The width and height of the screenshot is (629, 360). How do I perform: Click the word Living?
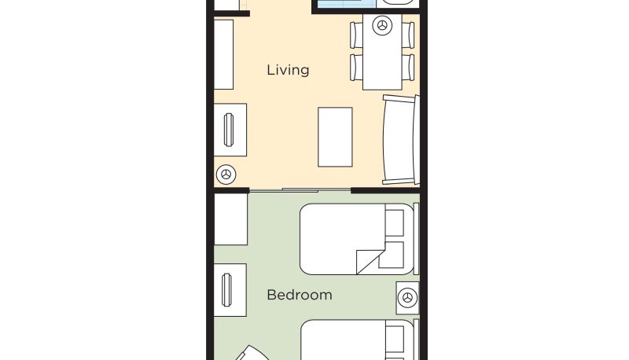coord(288,70)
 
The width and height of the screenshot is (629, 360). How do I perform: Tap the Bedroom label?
coord(300,295)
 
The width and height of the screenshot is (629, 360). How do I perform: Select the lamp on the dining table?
coord(382,26)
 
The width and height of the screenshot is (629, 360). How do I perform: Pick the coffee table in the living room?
coord(335,137)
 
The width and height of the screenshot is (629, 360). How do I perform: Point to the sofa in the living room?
coord(401,140)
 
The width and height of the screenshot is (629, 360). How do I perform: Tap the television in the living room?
coord(229,130)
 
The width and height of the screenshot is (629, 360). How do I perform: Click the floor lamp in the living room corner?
coord(226,174)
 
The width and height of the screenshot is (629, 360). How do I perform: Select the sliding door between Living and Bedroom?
coord(300,190)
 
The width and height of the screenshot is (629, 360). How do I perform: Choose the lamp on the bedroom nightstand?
coord(407,298)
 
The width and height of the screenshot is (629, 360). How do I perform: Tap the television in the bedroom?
coord(226,290)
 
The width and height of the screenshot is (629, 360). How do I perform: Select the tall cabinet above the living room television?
coord(223,54)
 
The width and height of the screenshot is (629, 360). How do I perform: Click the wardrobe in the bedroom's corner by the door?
coord(230,219)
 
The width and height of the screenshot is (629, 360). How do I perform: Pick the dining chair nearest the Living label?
coord(356,68)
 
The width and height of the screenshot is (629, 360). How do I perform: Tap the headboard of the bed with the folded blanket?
coord(417,239)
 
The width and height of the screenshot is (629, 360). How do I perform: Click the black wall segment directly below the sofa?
coord(385,190)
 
